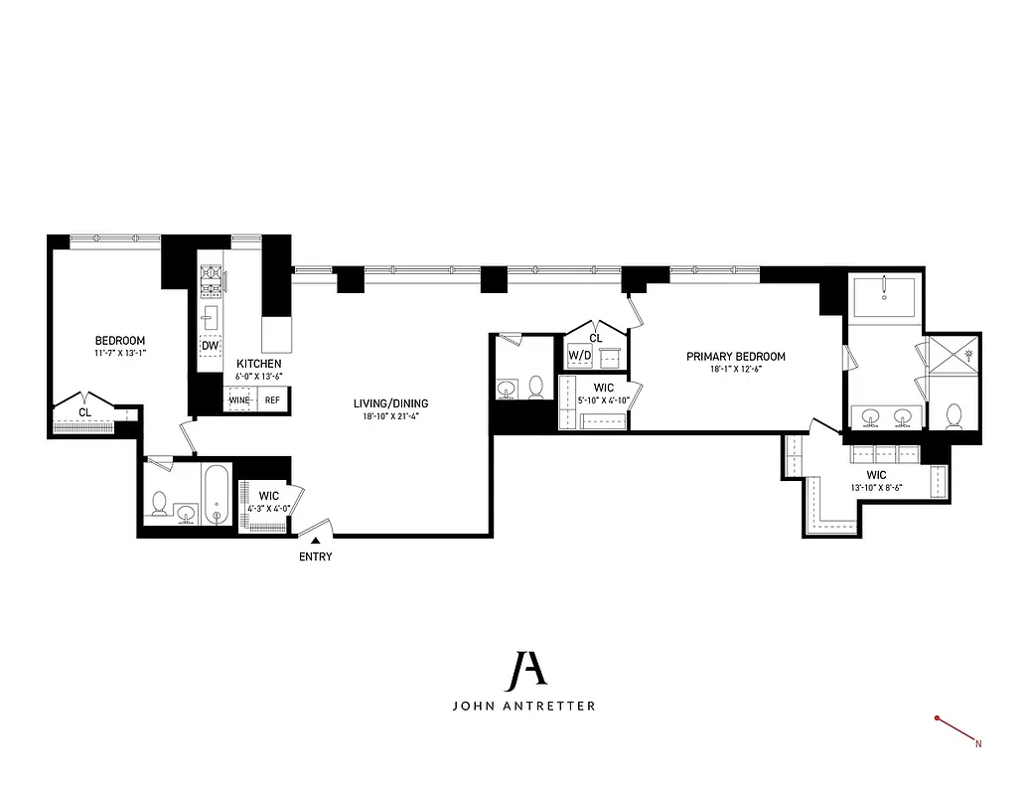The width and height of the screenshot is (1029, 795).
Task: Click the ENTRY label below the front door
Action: coord(315,556)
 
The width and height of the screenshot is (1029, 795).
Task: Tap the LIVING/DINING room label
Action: coord(391,402)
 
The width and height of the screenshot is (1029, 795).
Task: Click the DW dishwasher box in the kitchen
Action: coord(210,346)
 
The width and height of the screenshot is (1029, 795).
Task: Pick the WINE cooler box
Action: coord(239,400)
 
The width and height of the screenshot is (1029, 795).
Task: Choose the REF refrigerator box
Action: coord(272,400)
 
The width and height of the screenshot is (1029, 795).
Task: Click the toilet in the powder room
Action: coord(536,386)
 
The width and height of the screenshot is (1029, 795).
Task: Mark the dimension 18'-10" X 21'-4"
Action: coord(391,416)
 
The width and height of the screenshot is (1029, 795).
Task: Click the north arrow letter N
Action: coord(978,742)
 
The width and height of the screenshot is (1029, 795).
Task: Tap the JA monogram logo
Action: coord(523,672)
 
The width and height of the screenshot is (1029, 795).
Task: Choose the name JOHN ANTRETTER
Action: coord(523,708)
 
